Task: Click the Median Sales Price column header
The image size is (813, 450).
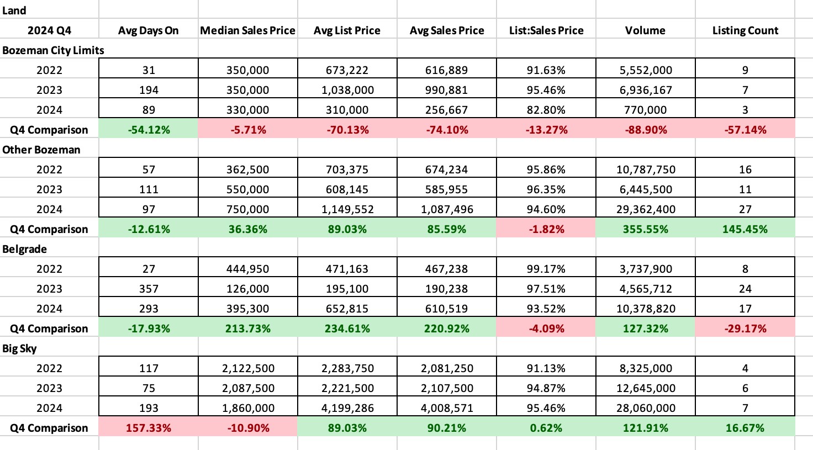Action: click(x=247, y=30)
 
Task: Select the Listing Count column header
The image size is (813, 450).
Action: click(x=745, y=30)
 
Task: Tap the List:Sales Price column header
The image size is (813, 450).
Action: click(x=546, y=30)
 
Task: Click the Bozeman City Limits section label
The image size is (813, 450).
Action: click(x=53, y=50)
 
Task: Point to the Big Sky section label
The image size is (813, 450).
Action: click(x=20, y=348)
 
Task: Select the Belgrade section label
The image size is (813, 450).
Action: click(x=24, y=249)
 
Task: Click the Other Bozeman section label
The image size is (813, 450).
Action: click(x=41, y=150)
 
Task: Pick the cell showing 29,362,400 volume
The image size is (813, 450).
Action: click(x=645, y=209)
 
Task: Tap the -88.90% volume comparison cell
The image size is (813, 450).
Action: click(x=645, y=130)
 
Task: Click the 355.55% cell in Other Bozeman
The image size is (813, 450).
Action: click(x=645, y=229)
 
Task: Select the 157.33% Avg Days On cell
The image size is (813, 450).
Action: click(x=149, y=428)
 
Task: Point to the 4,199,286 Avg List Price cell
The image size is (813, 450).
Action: click(x=347, y=408)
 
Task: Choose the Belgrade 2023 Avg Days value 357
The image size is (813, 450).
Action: click(x=149, y=289)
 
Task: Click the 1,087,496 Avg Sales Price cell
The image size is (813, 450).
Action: click(x=446, y=209)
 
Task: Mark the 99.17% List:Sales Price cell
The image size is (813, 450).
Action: click(x=546, y=269)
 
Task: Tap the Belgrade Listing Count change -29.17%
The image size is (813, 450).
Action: click(x=745, y=329)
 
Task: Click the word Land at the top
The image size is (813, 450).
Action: click(x=14, y=10)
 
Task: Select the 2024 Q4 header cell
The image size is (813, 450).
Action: click(x=49, y=30)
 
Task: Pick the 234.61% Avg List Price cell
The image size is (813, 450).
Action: click(x=347, y=329)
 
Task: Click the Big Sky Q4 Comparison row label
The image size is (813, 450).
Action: click(x=49, y=428)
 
